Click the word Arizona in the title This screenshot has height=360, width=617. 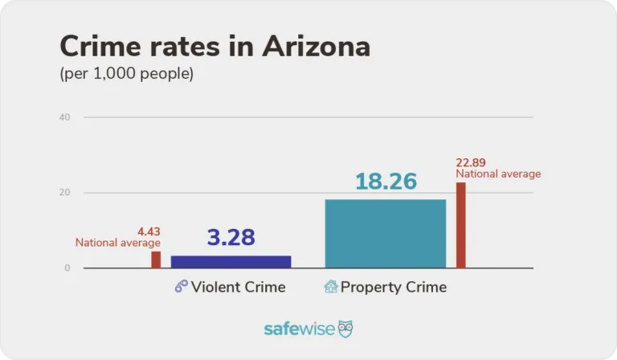[316, 47]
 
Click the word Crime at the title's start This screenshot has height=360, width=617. [97, 47]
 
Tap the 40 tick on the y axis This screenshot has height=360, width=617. [65, 117]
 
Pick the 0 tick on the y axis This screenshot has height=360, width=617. [67, 268]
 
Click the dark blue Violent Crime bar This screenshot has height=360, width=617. [231, 261]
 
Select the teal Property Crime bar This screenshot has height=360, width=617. [385, 233]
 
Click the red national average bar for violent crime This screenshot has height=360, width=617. [156, 260]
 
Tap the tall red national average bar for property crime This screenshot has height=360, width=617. [461, 225]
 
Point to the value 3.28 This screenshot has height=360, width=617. [231, 238]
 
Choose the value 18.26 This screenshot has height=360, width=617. [386, 182]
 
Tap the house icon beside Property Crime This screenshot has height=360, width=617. [330, 287]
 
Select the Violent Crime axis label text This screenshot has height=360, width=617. [238, 287]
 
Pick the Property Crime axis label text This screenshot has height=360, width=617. [393, 287]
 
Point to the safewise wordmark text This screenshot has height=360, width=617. [299, 329]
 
